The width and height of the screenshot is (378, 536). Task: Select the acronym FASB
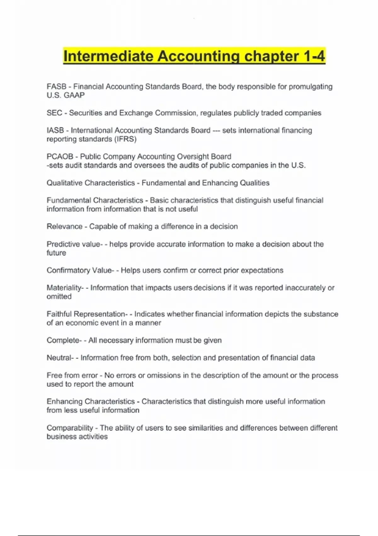[56, 87]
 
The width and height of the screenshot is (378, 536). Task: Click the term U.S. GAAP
[66, 95]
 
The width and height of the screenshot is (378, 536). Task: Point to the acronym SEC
[54, 113]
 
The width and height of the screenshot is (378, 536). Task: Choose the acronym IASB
[55, 131]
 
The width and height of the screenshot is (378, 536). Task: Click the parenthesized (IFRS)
[125, 139]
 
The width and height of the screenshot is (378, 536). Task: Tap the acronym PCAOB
[60, 157]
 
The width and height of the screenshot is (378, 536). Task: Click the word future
[56, 253]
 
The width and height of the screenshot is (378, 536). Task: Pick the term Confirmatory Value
[79, 271]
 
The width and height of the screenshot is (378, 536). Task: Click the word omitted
[59, 296]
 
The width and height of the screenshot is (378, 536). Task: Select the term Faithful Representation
[86, 314]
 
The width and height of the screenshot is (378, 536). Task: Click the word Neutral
[59, 358]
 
